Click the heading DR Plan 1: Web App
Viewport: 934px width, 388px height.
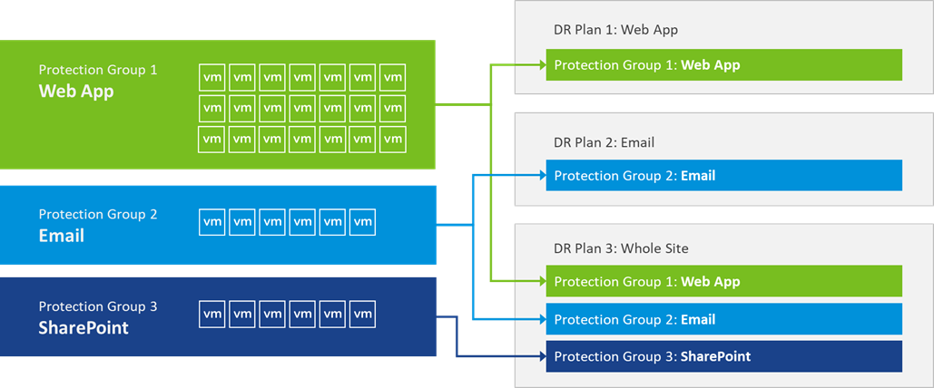point(615,30)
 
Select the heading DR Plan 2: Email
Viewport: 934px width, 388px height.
point(604,142)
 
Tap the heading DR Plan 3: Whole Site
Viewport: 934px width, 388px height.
point(621,248)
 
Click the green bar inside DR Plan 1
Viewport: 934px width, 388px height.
point(723,65)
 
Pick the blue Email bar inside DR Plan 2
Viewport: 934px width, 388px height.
point(723,176)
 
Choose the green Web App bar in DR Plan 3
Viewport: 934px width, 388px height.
point(723,281)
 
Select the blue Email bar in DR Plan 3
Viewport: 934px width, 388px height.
point(723,319)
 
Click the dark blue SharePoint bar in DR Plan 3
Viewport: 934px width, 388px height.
point(723,356)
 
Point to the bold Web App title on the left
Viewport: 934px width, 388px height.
point(76,91)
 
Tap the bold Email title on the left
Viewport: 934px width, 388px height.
point(62,235)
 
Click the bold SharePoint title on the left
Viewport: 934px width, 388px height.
point(84,327)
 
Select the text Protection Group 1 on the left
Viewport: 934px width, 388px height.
point(98,70)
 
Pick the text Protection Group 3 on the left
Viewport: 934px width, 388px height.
point(98,306)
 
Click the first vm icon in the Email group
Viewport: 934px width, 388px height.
point(212,221)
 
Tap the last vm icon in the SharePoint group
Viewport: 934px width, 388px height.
point(362,314)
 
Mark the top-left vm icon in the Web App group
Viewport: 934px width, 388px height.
point(212,77)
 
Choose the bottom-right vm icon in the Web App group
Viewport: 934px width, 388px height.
point(392,139)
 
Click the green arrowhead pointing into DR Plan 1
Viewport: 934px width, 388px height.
point(539,65)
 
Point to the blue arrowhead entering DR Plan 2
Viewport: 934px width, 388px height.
point(539,176)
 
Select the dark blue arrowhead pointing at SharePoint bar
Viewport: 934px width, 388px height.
point(539,356)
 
